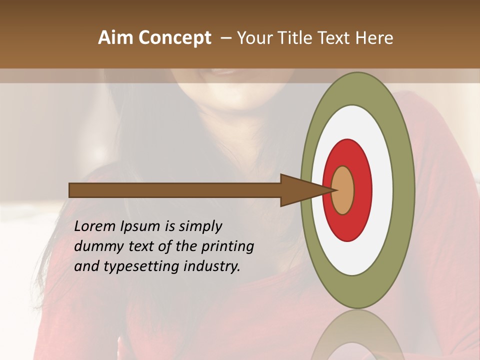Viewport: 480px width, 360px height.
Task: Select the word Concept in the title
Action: click(x=175, y=38)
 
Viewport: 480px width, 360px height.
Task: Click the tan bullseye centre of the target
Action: click(x=343, y=190)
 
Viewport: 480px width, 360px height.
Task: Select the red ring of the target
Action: click(x=363, y=190)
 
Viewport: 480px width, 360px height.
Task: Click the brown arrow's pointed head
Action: click(x=300, y=190)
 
